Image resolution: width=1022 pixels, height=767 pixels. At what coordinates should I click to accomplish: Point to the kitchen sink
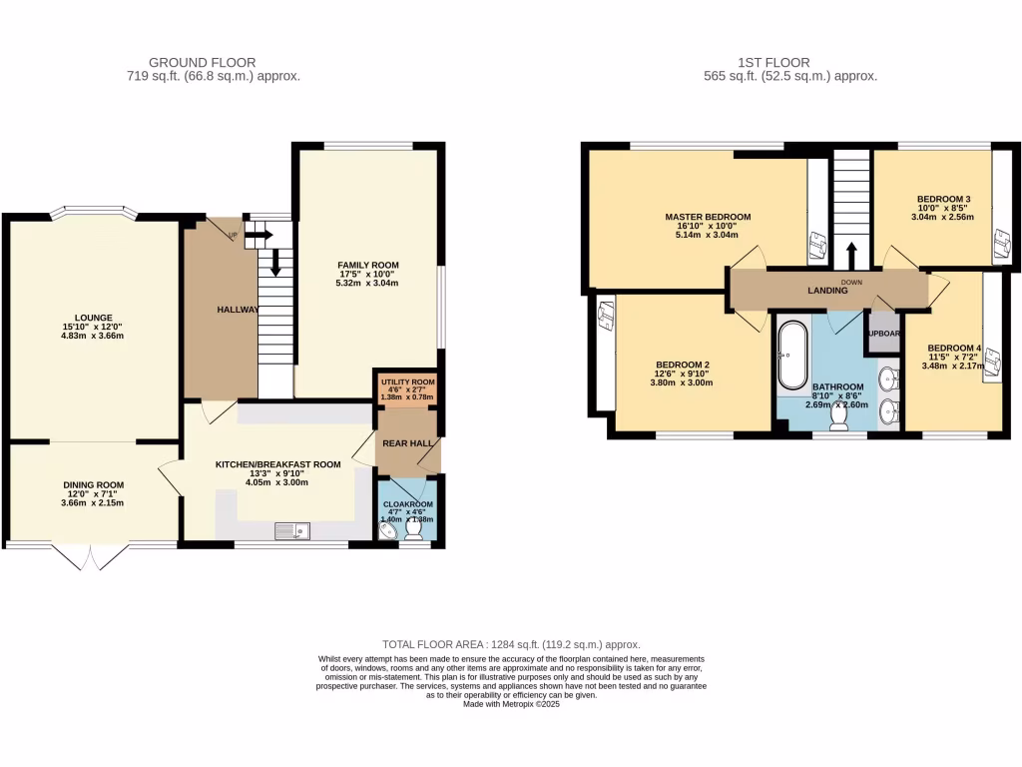(x=294, y=530)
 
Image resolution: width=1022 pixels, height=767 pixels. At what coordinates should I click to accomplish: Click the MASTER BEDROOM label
(x=708, y=217)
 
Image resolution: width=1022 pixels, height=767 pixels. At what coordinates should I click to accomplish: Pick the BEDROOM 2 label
(x=683, y=365)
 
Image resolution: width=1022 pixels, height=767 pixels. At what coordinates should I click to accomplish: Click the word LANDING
(x=827, y=291)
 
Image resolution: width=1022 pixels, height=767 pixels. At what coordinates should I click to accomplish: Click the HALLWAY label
(x=239, y=310)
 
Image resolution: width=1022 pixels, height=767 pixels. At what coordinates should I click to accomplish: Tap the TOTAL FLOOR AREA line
(x=511, y=645)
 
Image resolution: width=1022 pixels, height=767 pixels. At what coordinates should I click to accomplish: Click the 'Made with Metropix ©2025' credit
(x=511, y=704)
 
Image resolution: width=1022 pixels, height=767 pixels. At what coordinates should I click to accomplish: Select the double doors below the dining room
(x=92, y=557)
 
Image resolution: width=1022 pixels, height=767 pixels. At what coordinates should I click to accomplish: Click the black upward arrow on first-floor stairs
(x=851, y=253)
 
